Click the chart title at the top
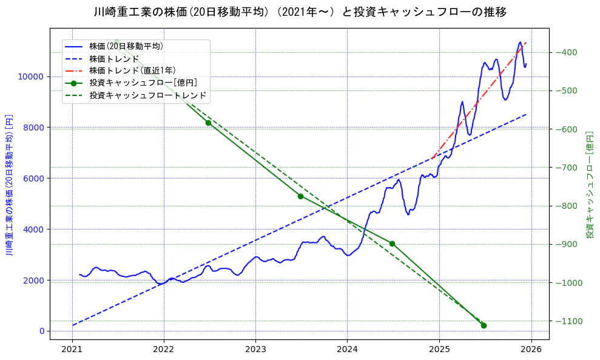point(300,12)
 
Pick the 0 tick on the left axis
point(42,331)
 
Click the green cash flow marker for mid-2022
point(208,123)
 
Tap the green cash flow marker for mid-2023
point(300,196)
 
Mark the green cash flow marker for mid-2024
point(392,243)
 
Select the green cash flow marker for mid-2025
point(484,325)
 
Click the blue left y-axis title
point(10,185)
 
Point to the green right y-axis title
point(589,185)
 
